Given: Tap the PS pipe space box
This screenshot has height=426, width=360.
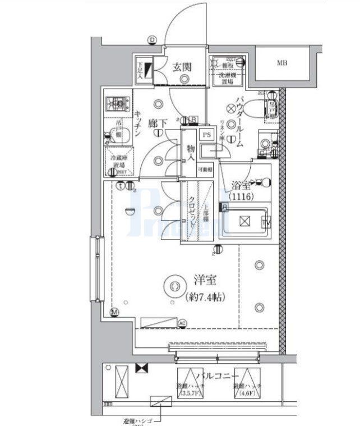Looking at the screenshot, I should [x=207, y=135].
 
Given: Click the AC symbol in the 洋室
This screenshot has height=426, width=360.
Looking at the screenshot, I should [x=182, y=323].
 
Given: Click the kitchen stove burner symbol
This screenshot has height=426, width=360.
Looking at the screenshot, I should [x=118, y=103].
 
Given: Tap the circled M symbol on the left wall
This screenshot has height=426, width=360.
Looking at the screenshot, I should [x=114, y=313].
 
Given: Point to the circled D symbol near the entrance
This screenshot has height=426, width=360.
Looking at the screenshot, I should [x=152, y=39].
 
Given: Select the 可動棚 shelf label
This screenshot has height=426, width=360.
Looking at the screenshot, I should [x=207, y=168].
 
